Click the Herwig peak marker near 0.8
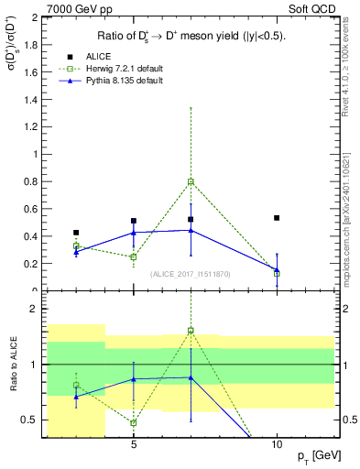coord(191,181)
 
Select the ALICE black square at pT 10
coord(277,218)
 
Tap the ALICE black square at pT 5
coord(134,221)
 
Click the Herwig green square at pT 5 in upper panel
coord(134,256)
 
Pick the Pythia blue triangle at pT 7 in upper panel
coord(191,230)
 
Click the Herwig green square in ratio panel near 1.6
coord(191,330)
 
